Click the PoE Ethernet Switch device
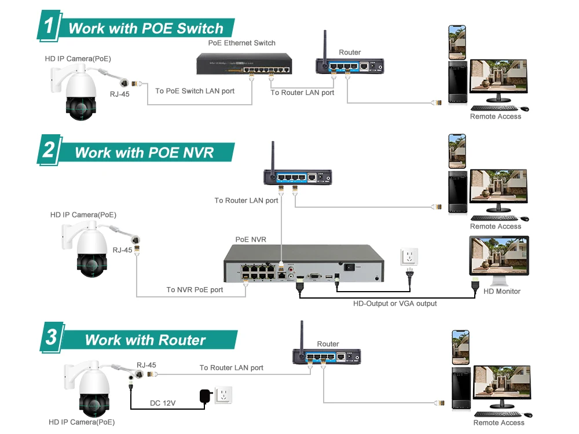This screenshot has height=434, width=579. (x=244, y=64)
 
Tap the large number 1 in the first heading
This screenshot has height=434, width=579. (x=49, y=25)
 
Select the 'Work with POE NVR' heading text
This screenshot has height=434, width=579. (x=144, y=152)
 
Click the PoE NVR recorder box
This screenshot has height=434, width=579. (x=303, y=263)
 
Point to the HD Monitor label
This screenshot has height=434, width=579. (x=502, y=291)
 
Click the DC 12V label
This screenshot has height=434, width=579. (x=163, y=403)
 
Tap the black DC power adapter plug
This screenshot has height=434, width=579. (x=206, y=396)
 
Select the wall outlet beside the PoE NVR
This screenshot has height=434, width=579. (x=409, y=256)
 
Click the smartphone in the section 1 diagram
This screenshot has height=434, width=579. (x=457, y=42)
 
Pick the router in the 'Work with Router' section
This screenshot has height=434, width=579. (x=327, y=356)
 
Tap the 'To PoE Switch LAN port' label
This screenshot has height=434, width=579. (x=195, y=91)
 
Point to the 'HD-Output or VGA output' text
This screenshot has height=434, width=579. (x=395, y=303)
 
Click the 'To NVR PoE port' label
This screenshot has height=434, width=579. (x=195, y=290)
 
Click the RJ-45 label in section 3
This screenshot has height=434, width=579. (x=146, y=365)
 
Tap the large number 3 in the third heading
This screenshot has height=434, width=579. (x=52, y=337)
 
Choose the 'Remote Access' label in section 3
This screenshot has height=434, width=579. (x=499, y=422)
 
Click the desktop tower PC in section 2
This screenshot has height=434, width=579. (x=457, y=192)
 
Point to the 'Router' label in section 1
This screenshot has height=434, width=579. (x=350, y=53)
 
